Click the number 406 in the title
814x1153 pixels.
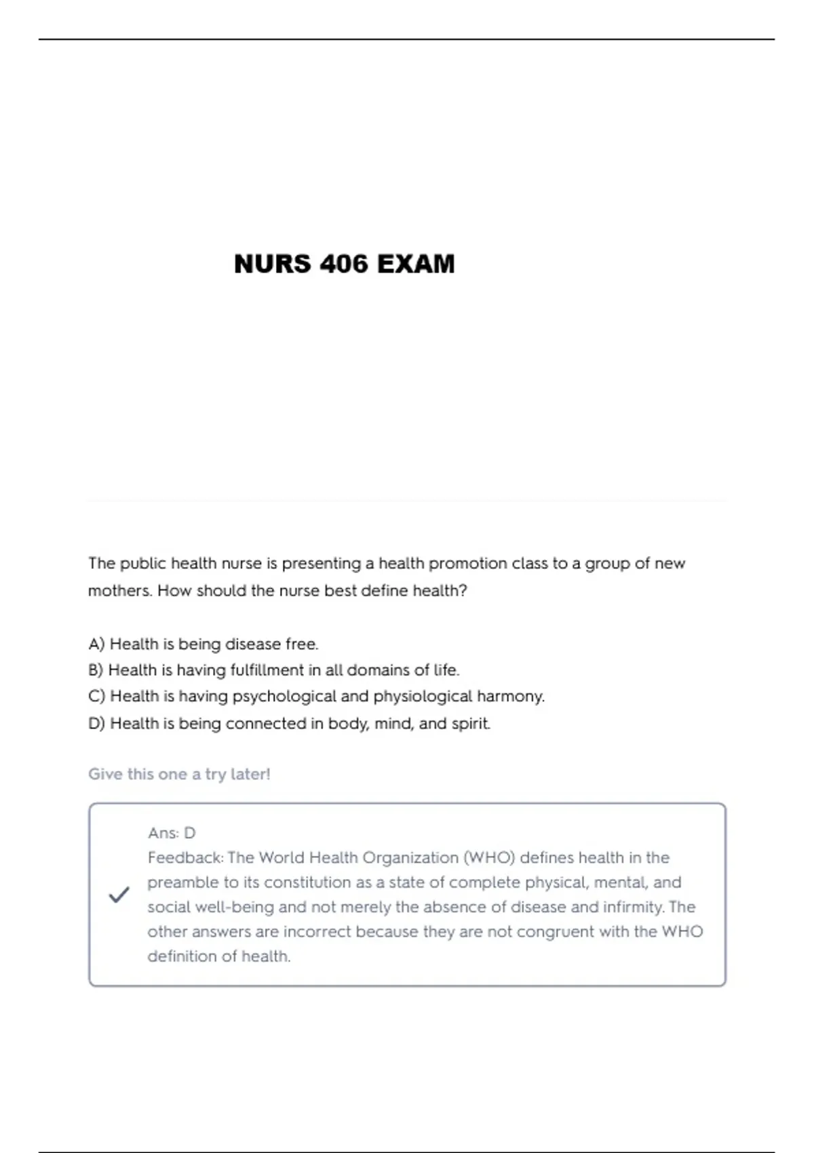point(345,264)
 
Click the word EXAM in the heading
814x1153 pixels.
point(415,264)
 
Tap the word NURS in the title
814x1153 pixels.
point(273,264)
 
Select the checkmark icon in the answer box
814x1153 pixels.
point(119,895)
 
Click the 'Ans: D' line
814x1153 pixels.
point(172,833)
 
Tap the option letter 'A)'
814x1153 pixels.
point(96,644)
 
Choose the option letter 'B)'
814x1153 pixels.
point(96,670)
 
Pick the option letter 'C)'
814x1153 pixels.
point(96,697)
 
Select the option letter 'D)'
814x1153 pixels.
point(96,724)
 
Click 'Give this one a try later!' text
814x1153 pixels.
point(179,774)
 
